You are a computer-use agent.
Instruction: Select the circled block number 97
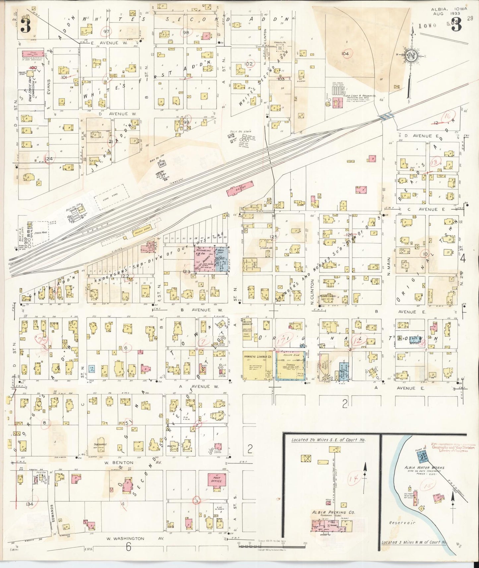coord(107,31)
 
